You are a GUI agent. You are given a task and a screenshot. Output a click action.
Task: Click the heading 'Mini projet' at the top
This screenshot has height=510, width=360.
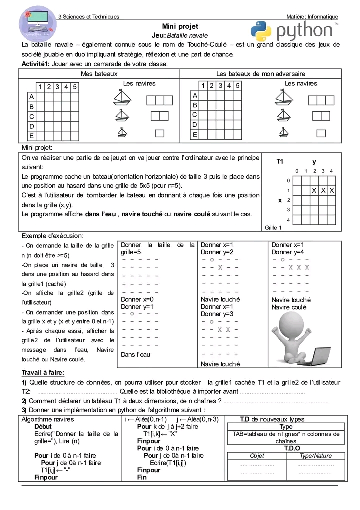point(180,26)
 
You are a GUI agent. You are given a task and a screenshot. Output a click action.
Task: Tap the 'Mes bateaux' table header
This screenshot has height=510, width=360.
point(99,74)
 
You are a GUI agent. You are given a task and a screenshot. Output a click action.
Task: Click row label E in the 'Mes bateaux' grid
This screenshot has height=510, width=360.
point(32,136)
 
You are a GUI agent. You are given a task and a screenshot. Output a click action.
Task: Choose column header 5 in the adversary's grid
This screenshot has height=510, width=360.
point(238,86)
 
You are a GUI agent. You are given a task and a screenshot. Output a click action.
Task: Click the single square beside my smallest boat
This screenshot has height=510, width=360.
point(160,133)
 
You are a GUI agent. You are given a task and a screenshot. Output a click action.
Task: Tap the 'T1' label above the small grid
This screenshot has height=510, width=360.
point(280,162)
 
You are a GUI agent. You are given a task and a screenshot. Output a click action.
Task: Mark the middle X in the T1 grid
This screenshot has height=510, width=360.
point(323,191)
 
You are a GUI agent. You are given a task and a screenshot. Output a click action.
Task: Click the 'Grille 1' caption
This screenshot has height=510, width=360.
point(273,228)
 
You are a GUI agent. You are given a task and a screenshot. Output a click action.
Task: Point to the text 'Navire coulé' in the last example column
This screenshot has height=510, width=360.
point(289,307)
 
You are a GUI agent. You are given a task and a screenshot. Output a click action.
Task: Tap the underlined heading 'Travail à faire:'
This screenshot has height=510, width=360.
point(43,372)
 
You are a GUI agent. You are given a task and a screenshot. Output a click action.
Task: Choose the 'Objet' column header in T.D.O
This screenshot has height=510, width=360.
point(257,456)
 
